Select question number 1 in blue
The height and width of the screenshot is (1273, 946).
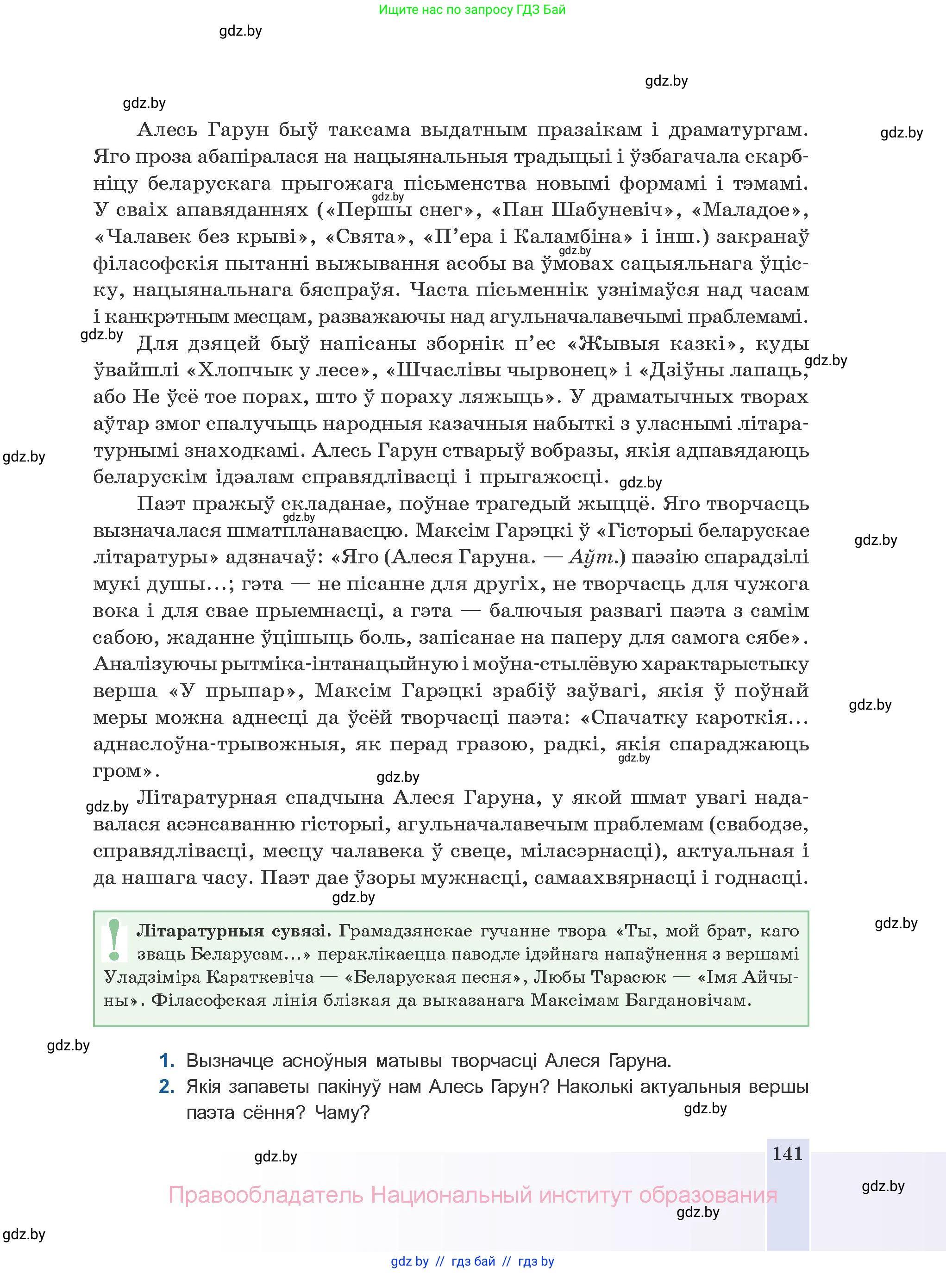pyautogui.click(x=166, y=1061)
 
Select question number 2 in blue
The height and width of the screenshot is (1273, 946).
pyautogui.click(x=166, y=1086)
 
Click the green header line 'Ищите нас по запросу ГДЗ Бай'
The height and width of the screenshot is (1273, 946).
pyautogui.click(x=472, y=10)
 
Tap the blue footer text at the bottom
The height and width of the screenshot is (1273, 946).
pyautogui.click(x=472, y=1261)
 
